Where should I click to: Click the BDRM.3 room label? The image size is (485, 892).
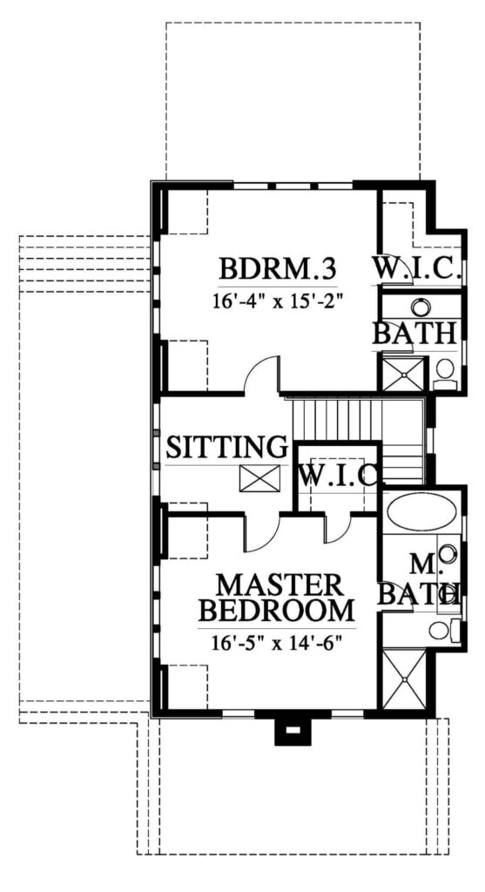(278, 269)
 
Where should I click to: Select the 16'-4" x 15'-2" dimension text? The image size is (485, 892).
(278, 300)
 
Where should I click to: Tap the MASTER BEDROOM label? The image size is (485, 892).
(278, 598)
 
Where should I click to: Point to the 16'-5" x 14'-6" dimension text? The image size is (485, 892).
(279, 644)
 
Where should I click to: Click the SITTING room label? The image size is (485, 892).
(226, 447)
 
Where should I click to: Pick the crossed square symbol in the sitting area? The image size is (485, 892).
(259, 478)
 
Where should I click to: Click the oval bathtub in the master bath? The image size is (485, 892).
(422, 510)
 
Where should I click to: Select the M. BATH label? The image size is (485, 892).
(421, 580)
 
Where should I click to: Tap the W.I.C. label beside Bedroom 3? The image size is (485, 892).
(416, 267)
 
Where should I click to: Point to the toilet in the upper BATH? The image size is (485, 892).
(445, 375)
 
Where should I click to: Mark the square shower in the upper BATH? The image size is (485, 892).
(403, 374)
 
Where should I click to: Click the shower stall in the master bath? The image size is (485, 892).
(404, 679)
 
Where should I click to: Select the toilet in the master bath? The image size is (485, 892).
(444, 629)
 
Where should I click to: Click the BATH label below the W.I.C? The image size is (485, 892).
(414, 334)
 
